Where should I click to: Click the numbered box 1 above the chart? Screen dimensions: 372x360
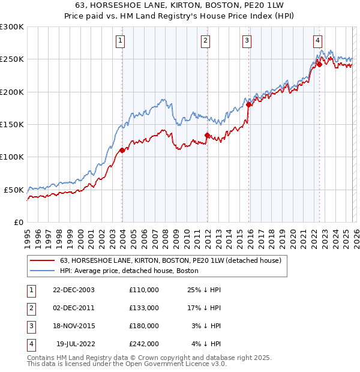pos(121,41)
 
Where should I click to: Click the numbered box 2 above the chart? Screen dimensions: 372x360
pos(205,41)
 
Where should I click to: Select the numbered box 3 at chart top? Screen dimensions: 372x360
pos(247,41)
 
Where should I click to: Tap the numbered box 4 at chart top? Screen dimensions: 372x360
pos(317,41)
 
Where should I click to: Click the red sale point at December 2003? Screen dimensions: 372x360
pos(122,151)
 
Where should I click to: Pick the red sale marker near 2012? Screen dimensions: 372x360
pos(207,136)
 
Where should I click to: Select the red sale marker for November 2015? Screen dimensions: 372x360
pos(248,105)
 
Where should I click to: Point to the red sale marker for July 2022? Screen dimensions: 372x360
pos(319,65)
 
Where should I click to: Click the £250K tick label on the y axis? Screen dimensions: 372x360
pos(12,59)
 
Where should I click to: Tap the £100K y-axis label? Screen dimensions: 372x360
pos(12,157)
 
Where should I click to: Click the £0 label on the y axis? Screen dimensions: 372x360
pos(19,222)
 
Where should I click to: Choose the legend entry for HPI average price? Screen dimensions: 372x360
pos(129,271)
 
